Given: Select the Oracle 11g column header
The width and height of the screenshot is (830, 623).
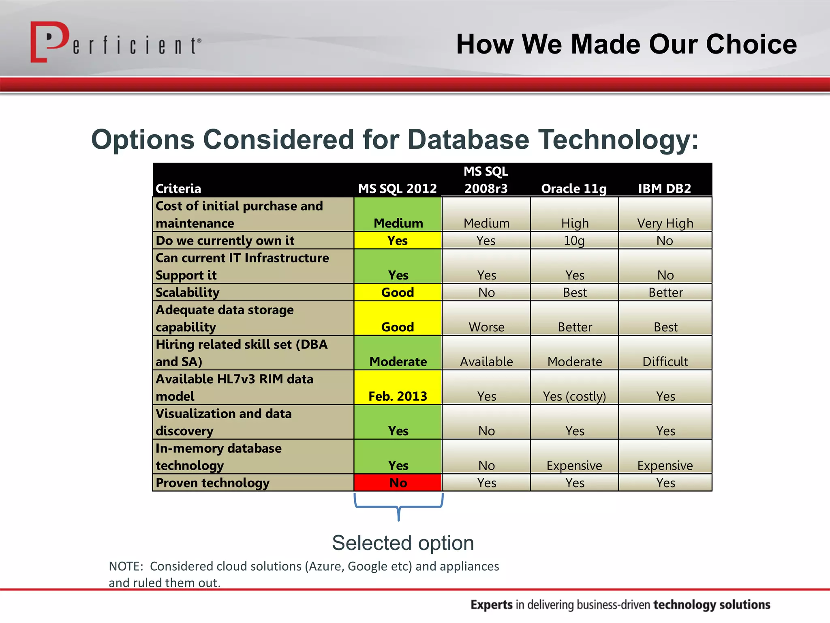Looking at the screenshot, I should pos(574,189).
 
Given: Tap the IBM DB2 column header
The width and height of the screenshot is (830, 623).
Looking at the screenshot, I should pos(664,189).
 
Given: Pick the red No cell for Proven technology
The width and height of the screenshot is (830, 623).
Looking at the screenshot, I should pos(398,483).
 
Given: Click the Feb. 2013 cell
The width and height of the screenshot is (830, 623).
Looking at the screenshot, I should pos(398,395).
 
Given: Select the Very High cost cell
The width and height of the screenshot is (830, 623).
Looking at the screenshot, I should pos(665,223).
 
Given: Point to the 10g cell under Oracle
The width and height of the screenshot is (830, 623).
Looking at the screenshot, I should pos(574,241).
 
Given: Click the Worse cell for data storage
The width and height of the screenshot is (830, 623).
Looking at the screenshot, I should pos(486,327).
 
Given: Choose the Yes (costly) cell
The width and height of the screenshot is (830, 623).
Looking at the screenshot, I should pos(574,395).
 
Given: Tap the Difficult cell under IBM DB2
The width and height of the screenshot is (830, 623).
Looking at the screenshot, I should pos(665,361).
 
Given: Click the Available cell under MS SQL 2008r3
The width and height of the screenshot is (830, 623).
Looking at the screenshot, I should pos(486,361).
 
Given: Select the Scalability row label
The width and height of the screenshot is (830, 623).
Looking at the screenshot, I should pos(188,292).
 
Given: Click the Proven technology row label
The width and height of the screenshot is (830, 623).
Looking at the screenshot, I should pos(212,483).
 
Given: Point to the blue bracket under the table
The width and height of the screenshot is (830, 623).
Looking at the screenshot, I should pos(398,507).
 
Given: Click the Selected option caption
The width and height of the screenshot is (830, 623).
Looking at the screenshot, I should pos(403,543).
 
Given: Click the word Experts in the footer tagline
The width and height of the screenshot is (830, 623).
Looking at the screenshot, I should pos(491,604).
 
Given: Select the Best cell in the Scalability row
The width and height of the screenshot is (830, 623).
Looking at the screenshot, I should pos(574,292).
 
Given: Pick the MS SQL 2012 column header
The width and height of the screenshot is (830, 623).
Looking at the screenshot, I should pos(397,189).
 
